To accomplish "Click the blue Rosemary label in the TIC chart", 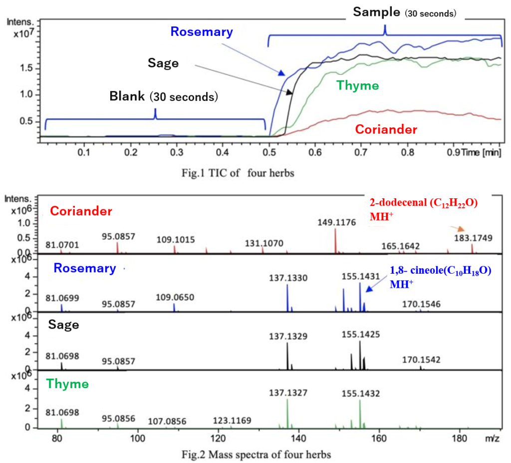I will (x=201, y=32).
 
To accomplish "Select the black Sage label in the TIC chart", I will (x=163, y=63).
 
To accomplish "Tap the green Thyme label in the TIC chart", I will (x=357, y=85).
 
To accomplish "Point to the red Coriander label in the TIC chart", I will (x=386, y=129).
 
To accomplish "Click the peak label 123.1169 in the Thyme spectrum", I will (x=232, y=421).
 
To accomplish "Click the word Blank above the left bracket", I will (x=127, y=96).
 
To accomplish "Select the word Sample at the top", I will (x=376, y=12).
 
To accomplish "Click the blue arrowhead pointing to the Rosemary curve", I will (x=282, y=73).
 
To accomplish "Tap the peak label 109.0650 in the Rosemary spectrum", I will (x=175, y=298).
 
